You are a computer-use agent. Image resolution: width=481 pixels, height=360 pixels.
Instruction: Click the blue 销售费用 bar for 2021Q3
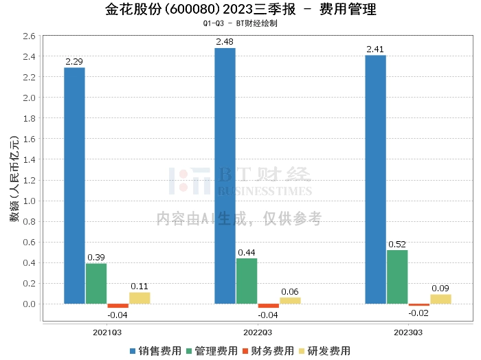pos(74,185)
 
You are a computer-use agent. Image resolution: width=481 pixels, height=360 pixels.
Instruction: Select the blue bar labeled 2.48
pos(225,176)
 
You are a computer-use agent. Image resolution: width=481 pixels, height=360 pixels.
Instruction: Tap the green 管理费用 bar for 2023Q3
pos(397,277)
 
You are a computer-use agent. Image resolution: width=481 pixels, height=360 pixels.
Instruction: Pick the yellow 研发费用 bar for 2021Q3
pos(139,298)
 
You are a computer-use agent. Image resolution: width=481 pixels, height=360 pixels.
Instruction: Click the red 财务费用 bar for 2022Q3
pos(269,306)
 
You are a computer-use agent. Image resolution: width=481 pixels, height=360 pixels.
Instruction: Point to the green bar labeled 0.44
pos(247,281)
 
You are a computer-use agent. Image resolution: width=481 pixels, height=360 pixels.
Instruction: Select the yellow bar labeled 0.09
pos(441,300)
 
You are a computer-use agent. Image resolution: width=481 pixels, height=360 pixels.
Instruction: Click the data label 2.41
pos(375,49)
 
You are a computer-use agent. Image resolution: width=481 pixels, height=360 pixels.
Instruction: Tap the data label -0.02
pos(418,313)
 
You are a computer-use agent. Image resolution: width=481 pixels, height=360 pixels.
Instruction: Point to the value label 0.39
pos(96,258)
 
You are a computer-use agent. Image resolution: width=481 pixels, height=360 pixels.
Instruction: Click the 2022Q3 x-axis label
pos(258,333)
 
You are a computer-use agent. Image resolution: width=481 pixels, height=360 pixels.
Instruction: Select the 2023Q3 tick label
pos(408,333)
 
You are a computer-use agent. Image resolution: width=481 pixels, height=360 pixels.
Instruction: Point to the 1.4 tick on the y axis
pos(30,159)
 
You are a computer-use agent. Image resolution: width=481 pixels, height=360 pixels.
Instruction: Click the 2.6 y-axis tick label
pos(30,36)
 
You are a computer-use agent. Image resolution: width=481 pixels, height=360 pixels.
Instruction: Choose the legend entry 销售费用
pos(156,351)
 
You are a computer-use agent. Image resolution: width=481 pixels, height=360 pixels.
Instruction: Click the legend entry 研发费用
pos(324,351)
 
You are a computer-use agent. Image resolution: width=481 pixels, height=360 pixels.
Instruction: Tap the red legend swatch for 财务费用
pos(245,351)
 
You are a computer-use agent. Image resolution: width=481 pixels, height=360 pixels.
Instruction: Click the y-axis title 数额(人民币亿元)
pos(14,179)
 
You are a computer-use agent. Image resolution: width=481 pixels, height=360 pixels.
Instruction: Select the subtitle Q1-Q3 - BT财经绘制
pos(240,23)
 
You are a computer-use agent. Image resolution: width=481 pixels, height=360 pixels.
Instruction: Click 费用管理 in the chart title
pos(348,9)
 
